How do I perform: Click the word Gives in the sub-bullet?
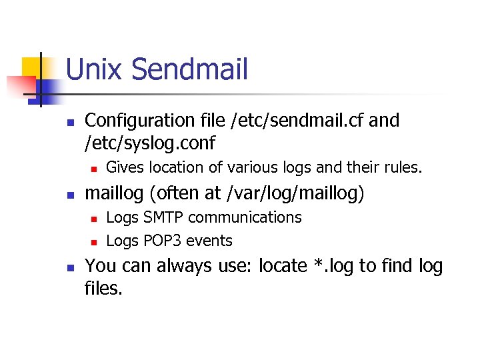click(125, 167)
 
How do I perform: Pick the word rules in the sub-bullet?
click(402, 167)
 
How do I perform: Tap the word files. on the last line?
click(104, 289)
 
